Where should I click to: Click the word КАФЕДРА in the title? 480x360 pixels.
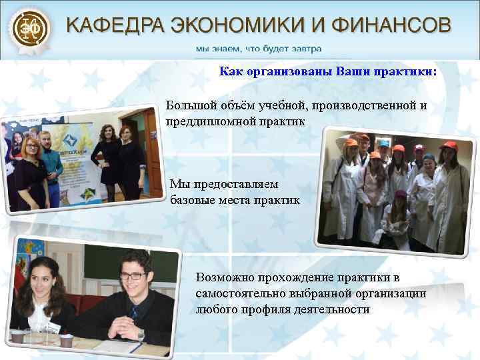click(x=113, y=27)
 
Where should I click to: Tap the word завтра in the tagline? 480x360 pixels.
click(x=306, y=48)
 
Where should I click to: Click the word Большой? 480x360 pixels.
click(x=189, y=107)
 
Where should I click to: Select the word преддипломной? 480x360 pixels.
click(x=204, y=122)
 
